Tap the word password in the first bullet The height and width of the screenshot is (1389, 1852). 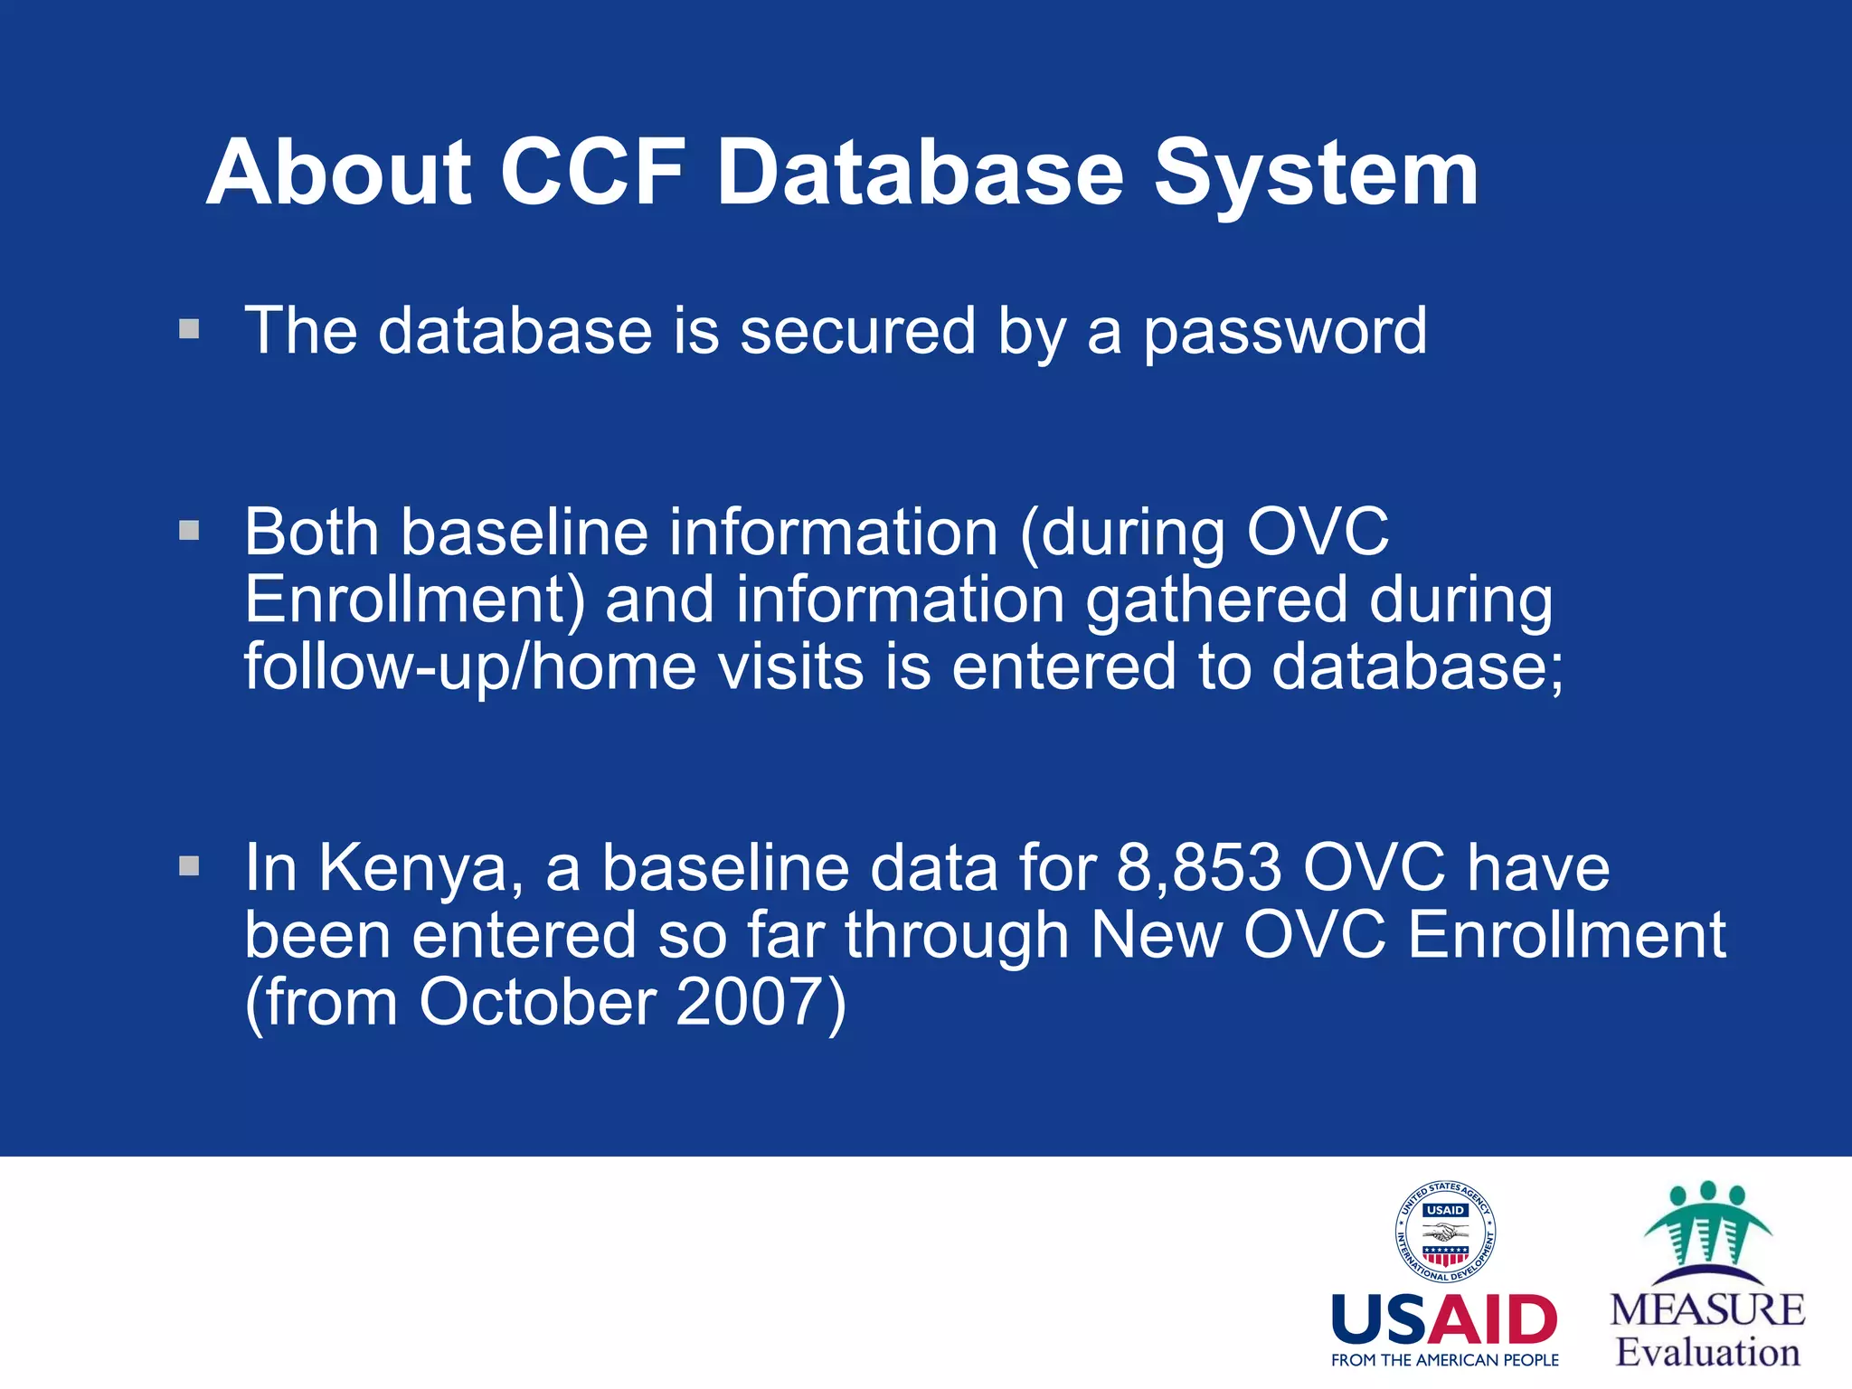point(1285,332)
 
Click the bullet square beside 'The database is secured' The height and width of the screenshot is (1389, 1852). point(189,328)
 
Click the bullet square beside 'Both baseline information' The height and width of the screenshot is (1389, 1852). point(189,530)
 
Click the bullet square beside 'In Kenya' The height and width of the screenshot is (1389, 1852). point(189,866)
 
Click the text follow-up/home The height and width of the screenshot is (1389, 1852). point(470,667)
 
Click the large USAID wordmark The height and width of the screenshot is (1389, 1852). point(1444,1320)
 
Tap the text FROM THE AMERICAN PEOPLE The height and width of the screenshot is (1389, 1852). point(1444,1360)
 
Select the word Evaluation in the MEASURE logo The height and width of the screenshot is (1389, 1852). point(1707,1353)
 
